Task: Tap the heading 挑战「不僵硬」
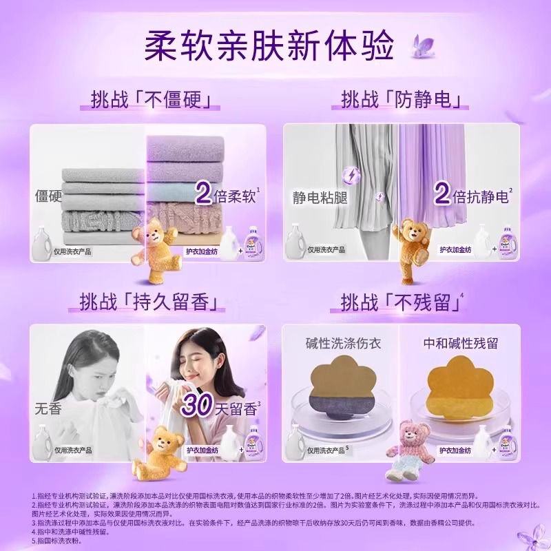coord(150,100)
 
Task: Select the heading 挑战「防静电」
coord(401,100)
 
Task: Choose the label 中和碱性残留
coord(462,343)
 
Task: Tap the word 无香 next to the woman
coord(48,409)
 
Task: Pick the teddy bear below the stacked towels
coord(150,247)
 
